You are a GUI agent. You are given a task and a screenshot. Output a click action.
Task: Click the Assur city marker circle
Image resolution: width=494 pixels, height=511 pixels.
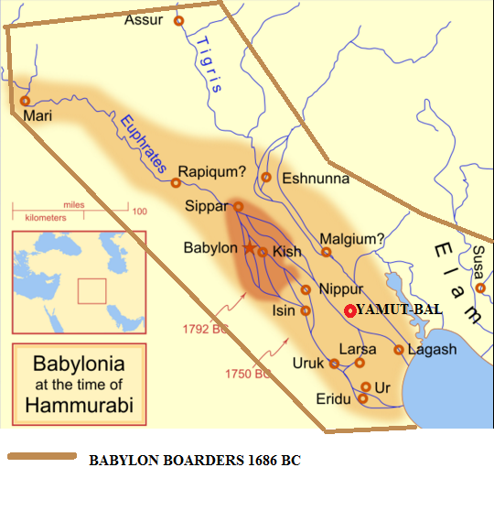point(179,20)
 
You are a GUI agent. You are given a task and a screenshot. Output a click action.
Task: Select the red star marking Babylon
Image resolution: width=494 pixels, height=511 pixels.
point(249,248)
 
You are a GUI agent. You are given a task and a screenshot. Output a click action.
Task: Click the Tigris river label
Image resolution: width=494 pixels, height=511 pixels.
point(208,67)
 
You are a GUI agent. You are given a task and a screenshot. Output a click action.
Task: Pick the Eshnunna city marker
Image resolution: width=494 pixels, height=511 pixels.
point(266,178)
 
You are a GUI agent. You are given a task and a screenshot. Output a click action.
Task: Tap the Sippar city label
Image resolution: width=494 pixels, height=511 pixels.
point(208,207)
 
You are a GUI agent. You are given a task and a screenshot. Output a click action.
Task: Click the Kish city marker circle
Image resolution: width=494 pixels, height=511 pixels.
point(263,252)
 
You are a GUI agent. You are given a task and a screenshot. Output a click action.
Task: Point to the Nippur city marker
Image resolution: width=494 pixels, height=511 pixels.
point(306,289)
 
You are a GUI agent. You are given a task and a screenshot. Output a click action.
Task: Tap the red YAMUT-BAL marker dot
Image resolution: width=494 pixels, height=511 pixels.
point(349,310)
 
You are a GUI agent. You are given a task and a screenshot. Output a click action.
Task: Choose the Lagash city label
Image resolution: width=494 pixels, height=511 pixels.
point(432,350)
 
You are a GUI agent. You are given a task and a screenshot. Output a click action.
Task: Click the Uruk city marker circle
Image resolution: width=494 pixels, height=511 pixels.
point(334,364)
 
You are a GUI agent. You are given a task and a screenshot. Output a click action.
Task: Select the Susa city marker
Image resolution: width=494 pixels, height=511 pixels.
point(480,288)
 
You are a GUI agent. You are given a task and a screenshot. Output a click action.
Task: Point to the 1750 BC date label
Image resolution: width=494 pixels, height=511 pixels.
point(247,374)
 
